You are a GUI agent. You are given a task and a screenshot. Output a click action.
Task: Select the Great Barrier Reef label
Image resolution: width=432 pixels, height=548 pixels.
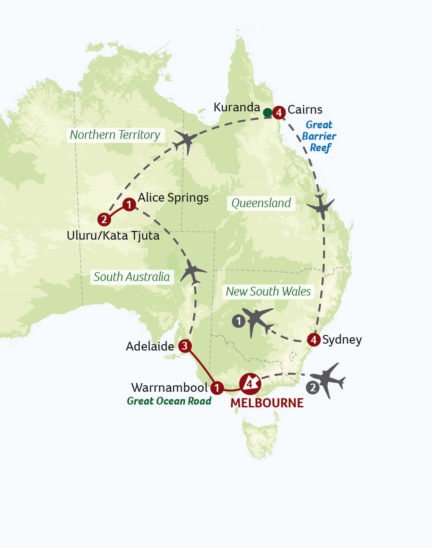tap(319, 136)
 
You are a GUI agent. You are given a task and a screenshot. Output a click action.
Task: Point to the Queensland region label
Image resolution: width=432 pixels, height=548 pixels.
tap(261, 203)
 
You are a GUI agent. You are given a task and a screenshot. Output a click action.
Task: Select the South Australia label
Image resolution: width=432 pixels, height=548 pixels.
tap(132, 277)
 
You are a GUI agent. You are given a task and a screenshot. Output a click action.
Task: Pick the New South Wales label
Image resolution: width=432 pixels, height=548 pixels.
tap(268, 292)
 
